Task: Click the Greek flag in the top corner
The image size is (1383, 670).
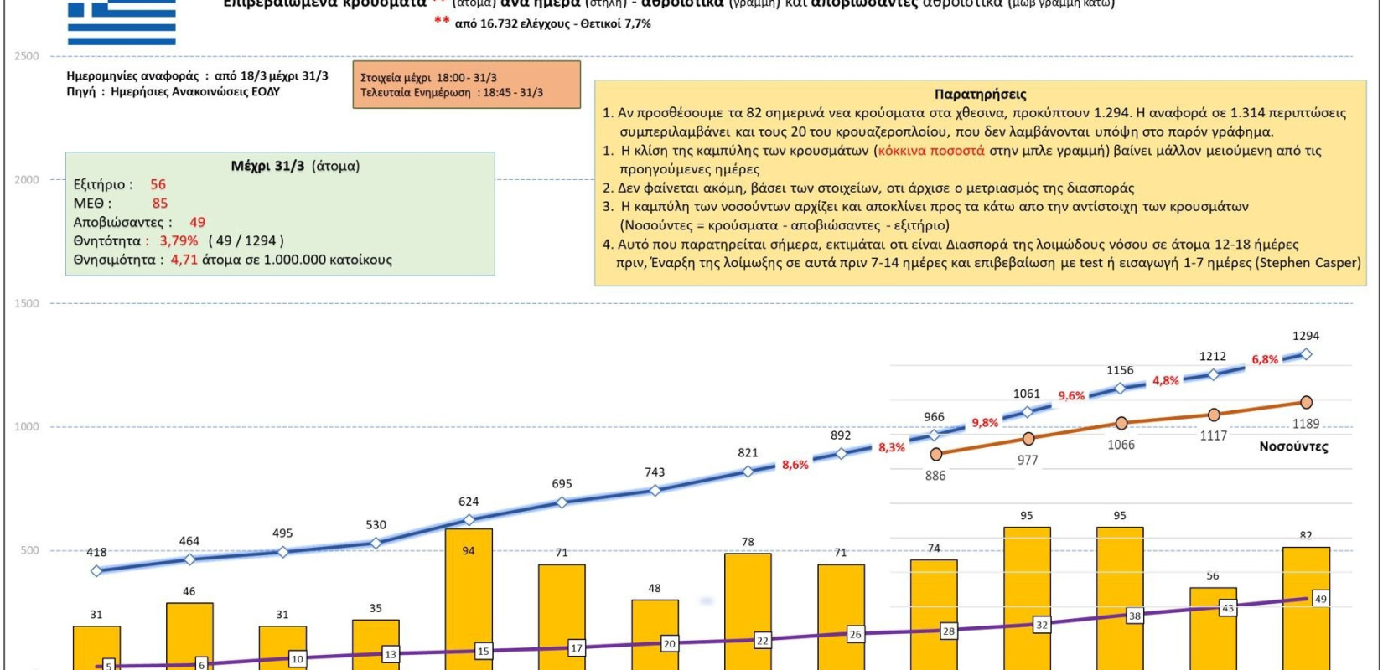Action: tap(122, 23)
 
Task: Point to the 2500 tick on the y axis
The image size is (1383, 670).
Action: tap(26, 56)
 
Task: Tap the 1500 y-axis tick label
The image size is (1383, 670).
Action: tap(26, 303)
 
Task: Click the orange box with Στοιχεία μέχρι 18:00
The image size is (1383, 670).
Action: tap(466, 85)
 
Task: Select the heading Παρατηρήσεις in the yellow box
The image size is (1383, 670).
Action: tap(980, 95)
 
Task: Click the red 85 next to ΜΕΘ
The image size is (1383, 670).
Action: tap(159, 204)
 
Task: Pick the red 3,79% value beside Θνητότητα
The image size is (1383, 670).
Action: tap(179, 241)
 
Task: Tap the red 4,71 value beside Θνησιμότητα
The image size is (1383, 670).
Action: tap(184, 260)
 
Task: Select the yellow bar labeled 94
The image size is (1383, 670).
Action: tap(469, 599)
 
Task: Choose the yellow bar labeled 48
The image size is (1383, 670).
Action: tap(655, 633)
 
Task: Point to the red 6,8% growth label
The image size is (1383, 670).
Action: tap(1265, 360)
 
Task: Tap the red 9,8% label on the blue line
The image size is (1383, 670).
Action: tap(985, 423)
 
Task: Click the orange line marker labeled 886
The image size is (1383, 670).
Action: tap(936, 454)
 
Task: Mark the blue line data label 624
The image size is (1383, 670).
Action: tap(469, 502)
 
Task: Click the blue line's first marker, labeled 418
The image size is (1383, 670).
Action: tap(96, 571)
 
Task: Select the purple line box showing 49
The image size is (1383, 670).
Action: tap(1320, 599)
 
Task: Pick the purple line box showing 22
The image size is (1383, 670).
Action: tap(762, 641)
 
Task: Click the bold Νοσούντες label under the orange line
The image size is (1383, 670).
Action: tap(1293, 446)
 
